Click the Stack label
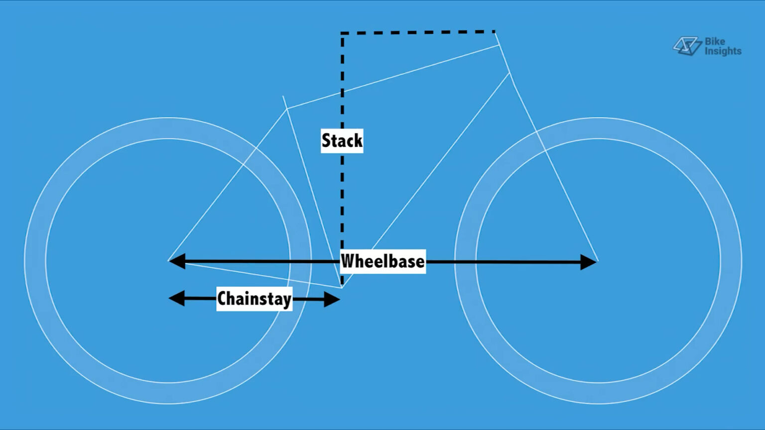(342, 141)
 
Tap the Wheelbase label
(383, 261)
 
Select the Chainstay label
(255, 299)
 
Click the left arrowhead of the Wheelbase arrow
(177, 261)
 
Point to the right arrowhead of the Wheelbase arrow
(588, 262)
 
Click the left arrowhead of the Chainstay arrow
(177, 298)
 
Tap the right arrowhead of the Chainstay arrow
(332, 299)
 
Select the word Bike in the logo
(715, 41)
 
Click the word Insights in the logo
(723, 51)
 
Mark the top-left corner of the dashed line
(342, 33)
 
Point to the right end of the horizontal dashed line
(495, 31)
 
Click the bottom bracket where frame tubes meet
(342, 287)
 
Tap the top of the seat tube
(283, 97)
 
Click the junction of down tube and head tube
(510, 73)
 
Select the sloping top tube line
(393, 77)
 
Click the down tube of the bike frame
(425, 180)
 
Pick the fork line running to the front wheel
(554, 167)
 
